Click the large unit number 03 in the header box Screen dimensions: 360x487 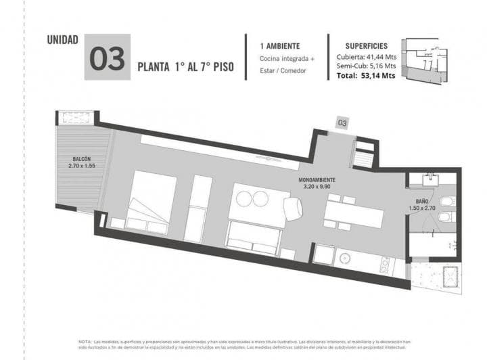click(108, 58)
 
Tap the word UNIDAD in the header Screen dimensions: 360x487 click(62, 39)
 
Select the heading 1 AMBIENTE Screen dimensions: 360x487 click(280, 45)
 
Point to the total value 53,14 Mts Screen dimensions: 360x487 click(379, 76)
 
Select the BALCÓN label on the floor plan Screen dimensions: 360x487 click(82, 160)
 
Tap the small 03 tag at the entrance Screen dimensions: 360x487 click(342, 123)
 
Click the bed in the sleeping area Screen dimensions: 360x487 click(153, 200)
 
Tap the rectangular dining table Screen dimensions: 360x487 click(353, 214)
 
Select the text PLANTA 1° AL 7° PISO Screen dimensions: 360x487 click(186, 68)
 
